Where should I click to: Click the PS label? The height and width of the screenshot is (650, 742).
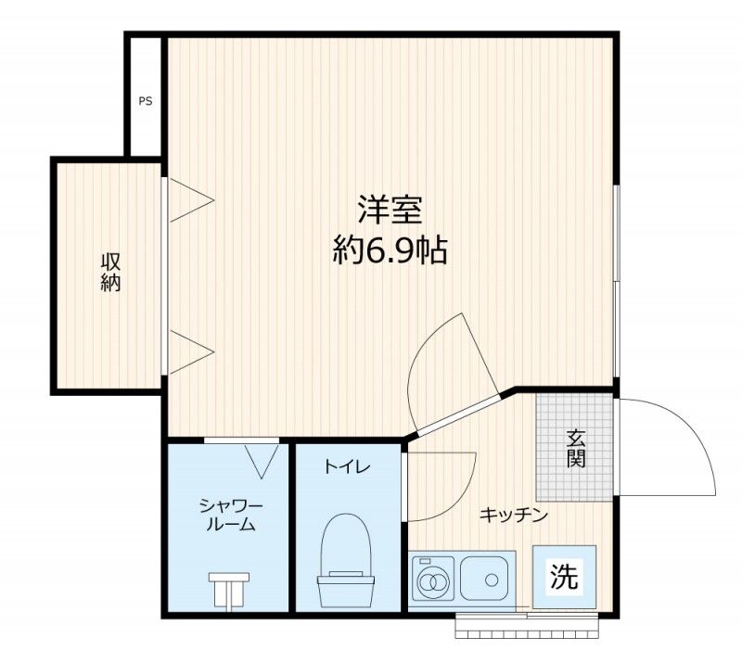pos(146,101)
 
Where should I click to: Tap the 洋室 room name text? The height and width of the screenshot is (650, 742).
pos(390,210)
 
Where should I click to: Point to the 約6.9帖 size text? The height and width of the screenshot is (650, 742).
pos(390,250)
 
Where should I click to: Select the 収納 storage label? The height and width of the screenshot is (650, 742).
pos(110,272)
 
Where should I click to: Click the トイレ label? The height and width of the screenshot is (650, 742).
pos(347,467)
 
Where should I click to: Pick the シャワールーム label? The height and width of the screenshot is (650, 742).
pos(231,516)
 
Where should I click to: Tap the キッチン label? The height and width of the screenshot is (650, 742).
pos(514,515)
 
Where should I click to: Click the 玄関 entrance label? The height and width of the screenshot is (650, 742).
pos(576,448)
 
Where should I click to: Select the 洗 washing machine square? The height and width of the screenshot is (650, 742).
pos(564,576)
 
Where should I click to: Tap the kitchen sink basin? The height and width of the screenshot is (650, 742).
pos(484,579)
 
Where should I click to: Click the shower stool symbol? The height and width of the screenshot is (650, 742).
pos(229,590)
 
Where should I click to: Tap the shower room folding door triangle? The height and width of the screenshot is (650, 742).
pos(262,461)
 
